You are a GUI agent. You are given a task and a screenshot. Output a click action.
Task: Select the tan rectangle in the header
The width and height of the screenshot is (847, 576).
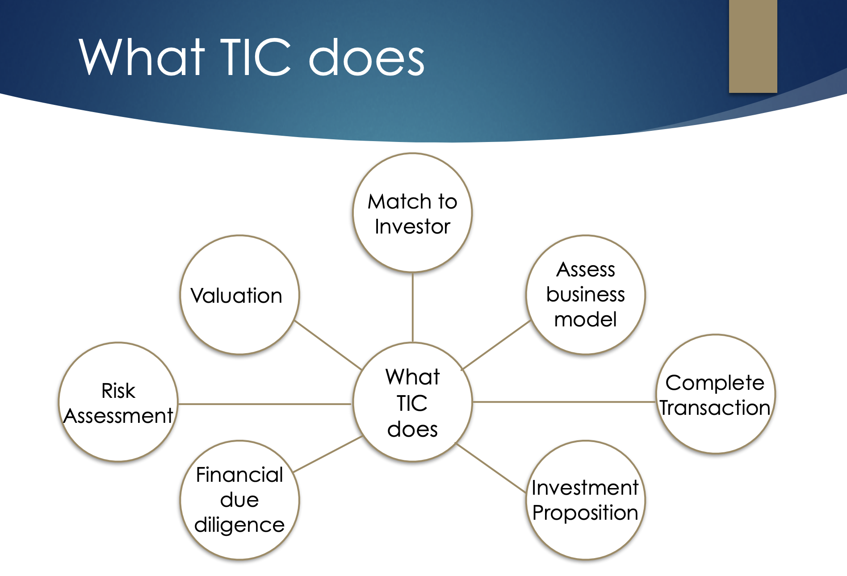point(753,46)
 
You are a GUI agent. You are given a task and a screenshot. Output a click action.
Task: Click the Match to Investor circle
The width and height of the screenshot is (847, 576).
point(412,213)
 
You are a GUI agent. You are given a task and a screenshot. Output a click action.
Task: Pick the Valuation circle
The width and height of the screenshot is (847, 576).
point(239,295)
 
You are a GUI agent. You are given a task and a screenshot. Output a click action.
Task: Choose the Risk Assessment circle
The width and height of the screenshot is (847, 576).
point(118,402)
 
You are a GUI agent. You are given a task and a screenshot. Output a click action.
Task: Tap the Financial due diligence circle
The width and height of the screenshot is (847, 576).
point(239,500)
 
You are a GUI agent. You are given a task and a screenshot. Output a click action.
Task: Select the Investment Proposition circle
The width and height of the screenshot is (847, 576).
point(586,500)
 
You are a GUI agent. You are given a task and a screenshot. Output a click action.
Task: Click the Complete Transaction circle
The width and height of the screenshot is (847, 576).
point(716,394)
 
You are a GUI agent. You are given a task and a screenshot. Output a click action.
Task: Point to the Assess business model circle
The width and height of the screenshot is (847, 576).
point(586,295)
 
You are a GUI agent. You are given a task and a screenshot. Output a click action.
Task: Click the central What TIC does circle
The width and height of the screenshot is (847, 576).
point(412,402)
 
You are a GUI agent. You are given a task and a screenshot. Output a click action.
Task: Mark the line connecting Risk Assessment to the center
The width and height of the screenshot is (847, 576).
point(265,404)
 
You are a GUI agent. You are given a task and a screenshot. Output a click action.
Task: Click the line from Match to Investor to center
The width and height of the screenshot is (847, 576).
point(412,308)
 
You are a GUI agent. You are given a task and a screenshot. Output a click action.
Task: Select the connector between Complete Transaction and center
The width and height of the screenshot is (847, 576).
point(564,402)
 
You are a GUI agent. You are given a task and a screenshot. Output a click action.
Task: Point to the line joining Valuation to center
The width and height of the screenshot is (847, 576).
point(328,345)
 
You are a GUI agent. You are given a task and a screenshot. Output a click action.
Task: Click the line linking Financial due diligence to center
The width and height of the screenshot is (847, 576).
point(327,454)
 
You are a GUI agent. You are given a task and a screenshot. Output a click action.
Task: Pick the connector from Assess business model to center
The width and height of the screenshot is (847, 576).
point(496,345)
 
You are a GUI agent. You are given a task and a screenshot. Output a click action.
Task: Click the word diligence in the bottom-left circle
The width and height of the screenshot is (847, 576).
point(239,526)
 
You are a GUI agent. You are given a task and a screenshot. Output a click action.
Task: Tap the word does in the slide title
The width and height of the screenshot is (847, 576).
point(367,57)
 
